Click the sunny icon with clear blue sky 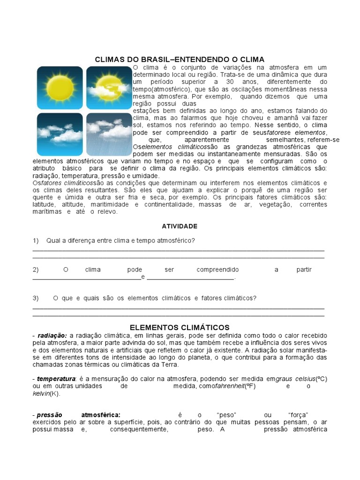[x=60, y=88]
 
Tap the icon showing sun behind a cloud [x=108, y=88]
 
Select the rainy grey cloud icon [x=108, y=134]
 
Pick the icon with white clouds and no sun [x=60, y=134]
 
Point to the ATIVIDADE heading [x=180, y=226]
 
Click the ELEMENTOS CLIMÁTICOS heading [x=180, y=327]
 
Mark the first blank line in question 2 [x=86, y=277]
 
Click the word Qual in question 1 [x=53, y=240]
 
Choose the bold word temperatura [x=56, y=378]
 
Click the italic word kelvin [x=41, y=393]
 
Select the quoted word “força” [x=298, y=415]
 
